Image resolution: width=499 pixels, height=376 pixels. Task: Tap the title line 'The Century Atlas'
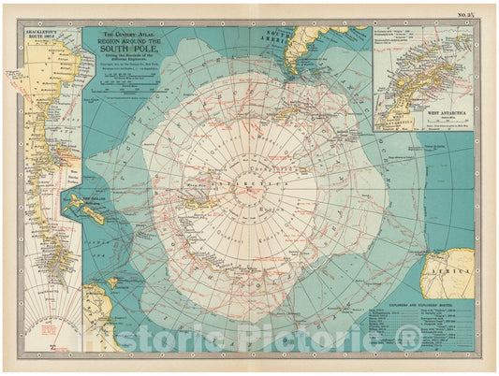tap(126, 33)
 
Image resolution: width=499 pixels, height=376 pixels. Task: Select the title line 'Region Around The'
tap(126, 43)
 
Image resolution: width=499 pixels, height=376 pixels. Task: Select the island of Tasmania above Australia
tap(111, 282)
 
